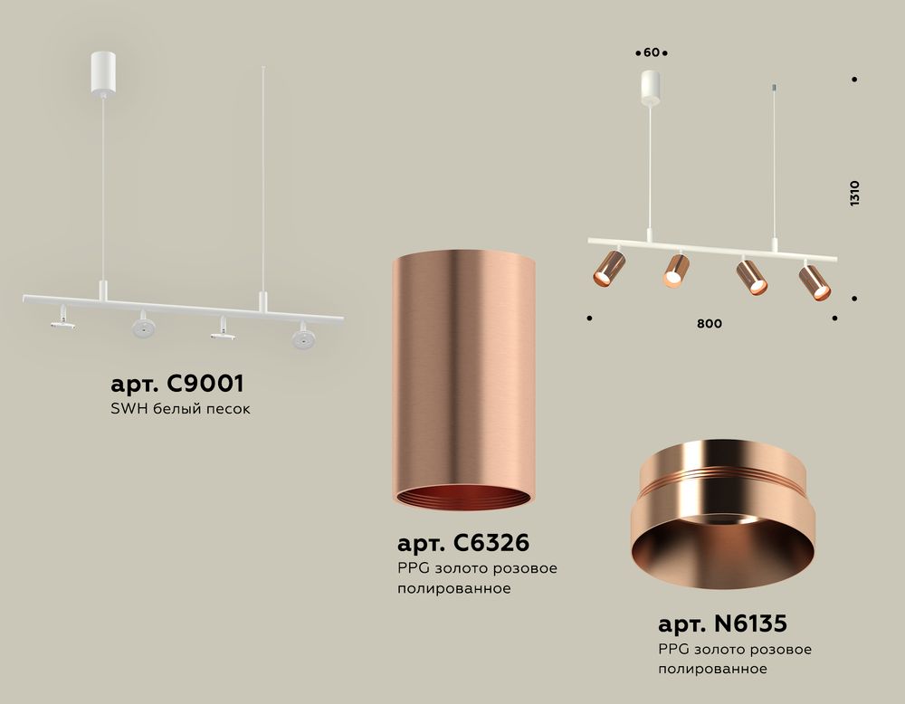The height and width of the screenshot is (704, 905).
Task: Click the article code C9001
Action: (177, 383)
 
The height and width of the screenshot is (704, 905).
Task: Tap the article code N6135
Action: (722, 623)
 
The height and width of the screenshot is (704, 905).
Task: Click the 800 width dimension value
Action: (710, 324)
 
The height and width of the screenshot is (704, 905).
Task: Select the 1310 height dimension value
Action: (854, 194)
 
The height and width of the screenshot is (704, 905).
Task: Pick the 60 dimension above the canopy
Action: (651, 52)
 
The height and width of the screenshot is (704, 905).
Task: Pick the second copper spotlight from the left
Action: (675, 270)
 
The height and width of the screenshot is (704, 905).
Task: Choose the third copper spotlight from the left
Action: (750, 276)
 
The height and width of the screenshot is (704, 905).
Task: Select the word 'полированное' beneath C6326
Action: (454, 588)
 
